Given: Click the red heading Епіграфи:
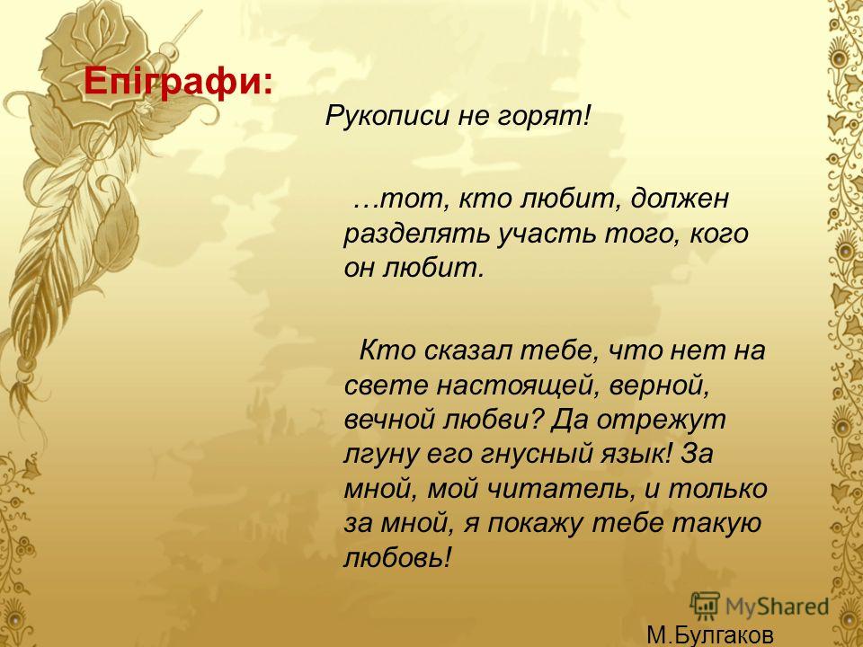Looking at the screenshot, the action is coord(178,82).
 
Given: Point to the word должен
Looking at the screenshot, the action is coord(680,199).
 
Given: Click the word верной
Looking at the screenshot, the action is coord(659,386).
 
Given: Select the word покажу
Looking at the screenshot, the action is coord(534,524).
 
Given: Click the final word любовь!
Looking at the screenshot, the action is coord(397,558).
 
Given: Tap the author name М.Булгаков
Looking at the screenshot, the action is coord(710,635).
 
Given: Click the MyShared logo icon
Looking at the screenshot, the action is coord(705,606).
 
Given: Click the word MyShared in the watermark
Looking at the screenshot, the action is coord(778,607).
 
